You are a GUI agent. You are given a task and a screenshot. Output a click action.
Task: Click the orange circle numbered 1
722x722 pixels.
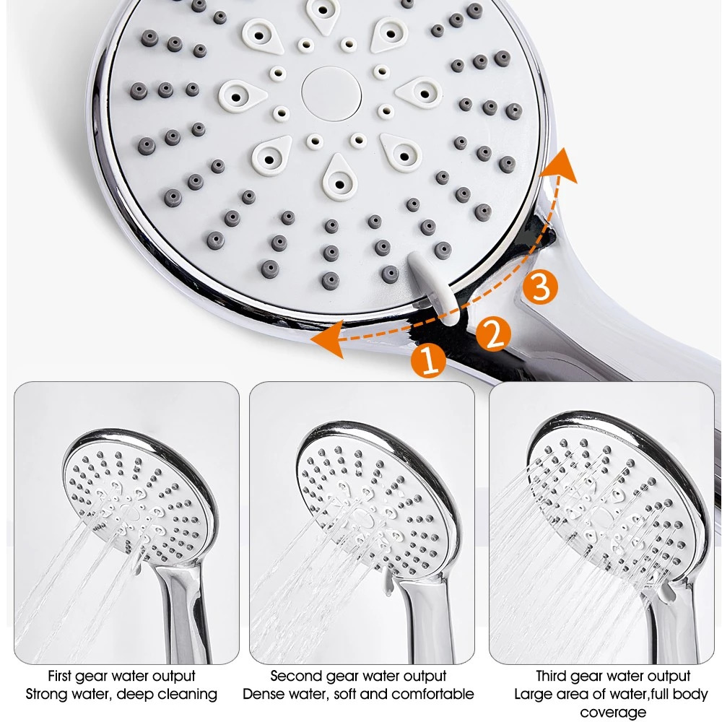(429, 360)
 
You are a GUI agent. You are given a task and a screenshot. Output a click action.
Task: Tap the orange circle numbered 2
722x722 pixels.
(493, 334)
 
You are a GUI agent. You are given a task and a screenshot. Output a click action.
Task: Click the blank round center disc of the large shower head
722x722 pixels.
(331, 94)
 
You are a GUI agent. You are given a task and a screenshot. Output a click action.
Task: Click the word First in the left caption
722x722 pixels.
(60, 676)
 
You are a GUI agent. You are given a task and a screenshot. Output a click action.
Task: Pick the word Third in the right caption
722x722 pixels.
(552, 676)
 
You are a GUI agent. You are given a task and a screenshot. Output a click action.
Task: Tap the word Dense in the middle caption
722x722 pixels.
(261, 694)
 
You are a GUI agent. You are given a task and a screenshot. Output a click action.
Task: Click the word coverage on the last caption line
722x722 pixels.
(613, 713)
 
